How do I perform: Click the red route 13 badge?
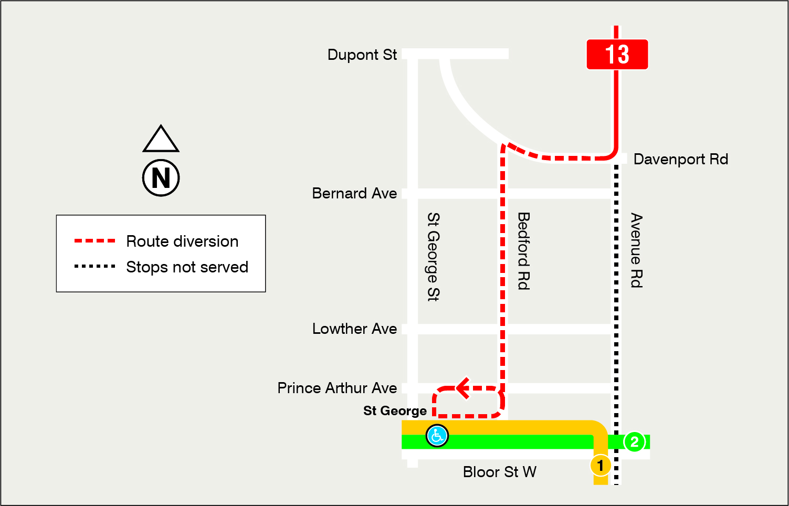pyautogui.click(x=617, y=54)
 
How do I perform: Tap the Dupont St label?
pyautogui.click(x=362, y=55)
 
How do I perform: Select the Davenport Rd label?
pyautogui.click(x=680, y=159)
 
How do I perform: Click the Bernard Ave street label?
pyautogui.click(x=354, y=193)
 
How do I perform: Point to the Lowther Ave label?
pyautogui.click(x=354, y=329)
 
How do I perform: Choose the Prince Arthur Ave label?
pyautogui.click(x=337, y=388)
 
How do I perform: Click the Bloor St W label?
pyautogui.click(x=499, y=472)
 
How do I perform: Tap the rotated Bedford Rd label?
pyautogui.click(x=523, y=251)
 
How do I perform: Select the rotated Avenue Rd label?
pyautogui.click(x=636, y=250)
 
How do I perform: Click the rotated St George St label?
pyautogui.click(x=433, y=257)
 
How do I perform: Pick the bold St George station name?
pyautogui.click(x=395, y=410)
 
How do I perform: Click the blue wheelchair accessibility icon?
pyautogui.click(x=437, y=436)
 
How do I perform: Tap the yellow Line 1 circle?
pyautogui.click(x=600, y=465)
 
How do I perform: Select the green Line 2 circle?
pyautogui.click(x=634, y=442)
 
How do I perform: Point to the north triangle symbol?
pyautogui.click(x=161, y=140)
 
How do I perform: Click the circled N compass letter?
pyautogui.click(x=161, y=178)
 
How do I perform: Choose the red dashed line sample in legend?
pyautogui.click(x=94, y=241)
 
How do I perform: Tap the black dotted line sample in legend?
pyautogui.click(x=94, y=267)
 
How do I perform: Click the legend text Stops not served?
pyautogui.click(x=187, y=267)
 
